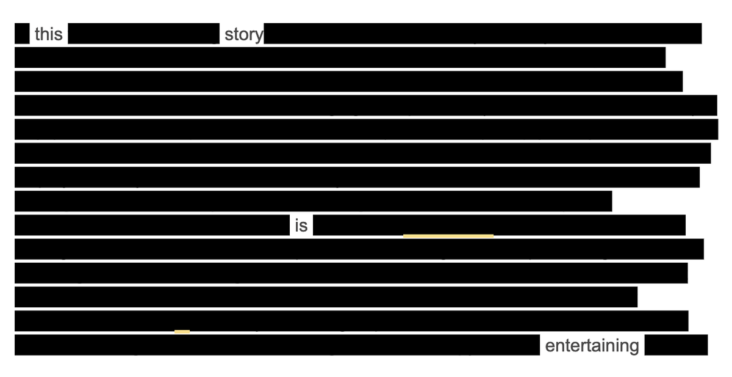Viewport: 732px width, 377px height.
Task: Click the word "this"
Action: (48, 34)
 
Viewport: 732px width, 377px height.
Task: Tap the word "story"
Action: (243, 34)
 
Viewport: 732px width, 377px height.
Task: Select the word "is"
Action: (301, 225)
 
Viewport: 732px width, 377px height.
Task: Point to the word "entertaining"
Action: (591, 346)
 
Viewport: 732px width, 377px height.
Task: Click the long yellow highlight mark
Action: (448, 235)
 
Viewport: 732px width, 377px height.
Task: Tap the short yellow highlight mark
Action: (182, 331)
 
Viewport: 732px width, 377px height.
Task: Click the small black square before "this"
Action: (22, 34)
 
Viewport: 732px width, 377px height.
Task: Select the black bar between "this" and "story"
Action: (143, 34)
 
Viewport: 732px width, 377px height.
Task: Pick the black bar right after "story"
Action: (483, 34)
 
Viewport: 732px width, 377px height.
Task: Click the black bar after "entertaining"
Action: (676, 345)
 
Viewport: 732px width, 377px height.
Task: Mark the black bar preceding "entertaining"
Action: (277, 345)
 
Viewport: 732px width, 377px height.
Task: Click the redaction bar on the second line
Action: (340, 57)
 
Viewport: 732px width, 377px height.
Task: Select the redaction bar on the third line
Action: (348, 81)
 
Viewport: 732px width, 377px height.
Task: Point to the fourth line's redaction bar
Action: (365, 105)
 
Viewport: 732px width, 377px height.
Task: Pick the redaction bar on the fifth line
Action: (366, 129)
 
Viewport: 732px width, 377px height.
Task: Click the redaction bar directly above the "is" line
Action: (313, 201)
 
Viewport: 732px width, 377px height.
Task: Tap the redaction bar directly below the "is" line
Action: (359, 249)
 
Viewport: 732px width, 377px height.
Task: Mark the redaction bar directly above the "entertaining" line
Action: (351, 321)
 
